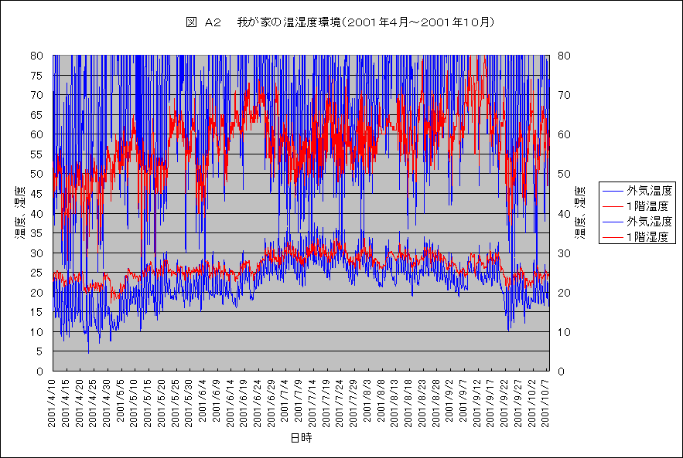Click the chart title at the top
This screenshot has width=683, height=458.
pos(340,22)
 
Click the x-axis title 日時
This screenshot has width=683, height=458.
pos(301,438)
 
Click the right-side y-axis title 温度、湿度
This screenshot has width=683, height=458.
pos(579,212)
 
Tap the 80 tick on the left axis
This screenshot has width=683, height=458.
pos(37,56)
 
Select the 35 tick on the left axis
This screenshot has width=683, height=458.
pos(37,233)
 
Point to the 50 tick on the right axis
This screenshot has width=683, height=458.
pos(562,174)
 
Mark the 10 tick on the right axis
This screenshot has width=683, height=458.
pos(562,332)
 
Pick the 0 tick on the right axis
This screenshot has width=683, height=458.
pos(559,371)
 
